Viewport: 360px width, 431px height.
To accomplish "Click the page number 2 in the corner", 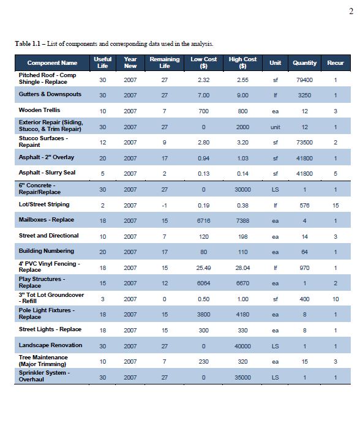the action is point(351,11).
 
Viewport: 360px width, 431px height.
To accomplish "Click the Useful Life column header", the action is point(102,62).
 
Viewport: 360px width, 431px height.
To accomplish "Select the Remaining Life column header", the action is point(164,62).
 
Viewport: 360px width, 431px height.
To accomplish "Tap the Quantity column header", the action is point(304,63).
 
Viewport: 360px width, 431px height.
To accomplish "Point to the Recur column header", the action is point(336,63).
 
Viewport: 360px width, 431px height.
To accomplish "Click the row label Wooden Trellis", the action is point(39,110).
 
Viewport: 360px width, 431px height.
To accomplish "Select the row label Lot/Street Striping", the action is point(44,204).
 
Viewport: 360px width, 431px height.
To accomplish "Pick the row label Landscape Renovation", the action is point(50,345).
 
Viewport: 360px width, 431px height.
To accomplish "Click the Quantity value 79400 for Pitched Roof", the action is point(304,80).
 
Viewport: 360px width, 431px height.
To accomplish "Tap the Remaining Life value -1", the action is point(164,206).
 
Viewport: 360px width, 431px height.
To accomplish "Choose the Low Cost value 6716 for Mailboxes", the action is point(204,221).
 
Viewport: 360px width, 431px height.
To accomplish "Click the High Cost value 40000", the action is point(242,347).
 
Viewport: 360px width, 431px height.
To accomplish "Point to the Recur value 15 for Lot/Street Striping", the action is point(336,206).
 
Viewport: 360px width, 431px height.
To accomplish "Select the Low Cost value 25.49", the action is point(204,268).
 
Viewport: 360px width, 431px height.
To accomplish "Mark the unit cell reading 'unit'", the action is point(275,127).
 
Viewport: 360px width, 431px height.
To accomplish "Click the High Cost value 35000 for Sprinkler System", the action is point(242,378).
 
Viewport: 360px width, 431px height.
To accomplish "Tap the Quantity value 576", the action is point(304,206).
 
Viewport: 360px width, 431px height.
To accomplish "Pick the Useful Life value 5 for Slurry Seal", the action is point(102,174).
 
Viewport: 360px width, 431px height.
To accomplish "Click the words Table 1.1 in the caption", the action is point(28,43).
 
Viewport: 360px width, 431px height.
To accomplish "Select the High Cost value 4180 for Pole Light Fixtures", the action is point(242,315).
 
